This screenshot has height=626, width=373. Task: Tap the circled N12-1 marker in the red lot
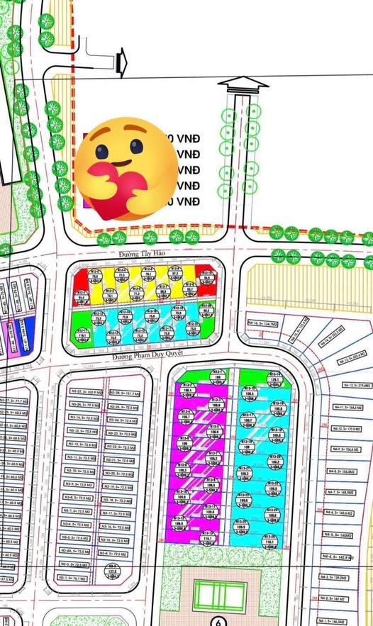coord(206,274)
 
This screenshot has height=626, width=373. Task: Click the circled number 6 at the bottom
coord(219,621)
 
